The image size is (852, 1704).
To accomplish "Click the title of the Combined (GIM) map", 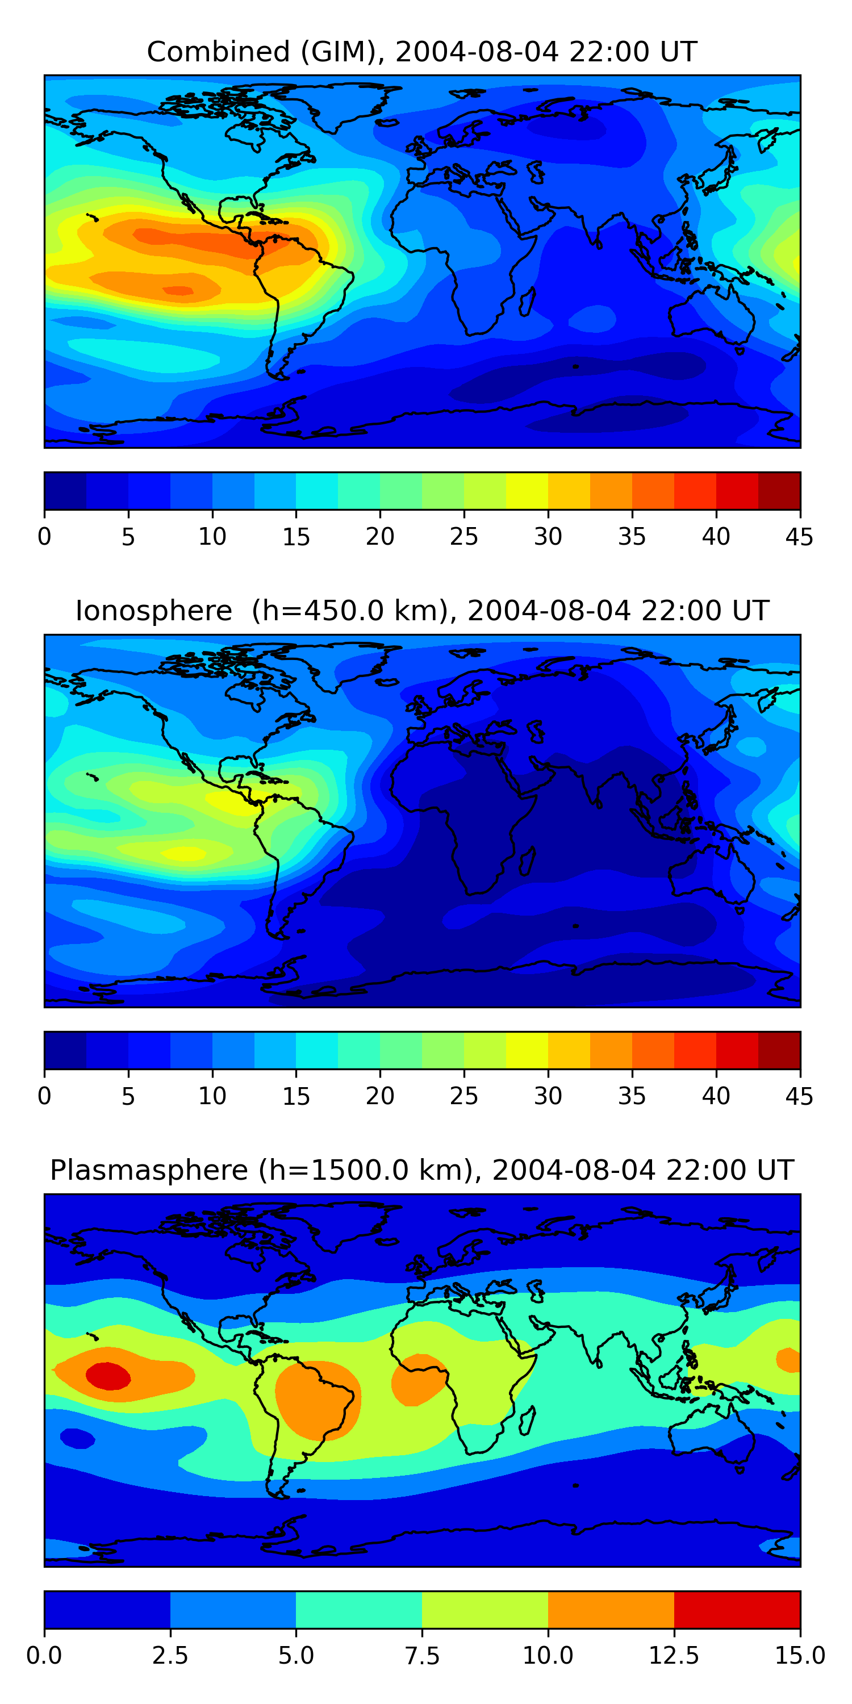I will pos(422,52).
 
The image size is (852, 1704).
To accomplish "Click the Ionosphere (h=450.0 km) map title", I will pos(422,611).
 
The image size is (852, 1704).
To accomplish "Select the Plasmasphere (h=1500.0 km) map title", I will pos(422,1170).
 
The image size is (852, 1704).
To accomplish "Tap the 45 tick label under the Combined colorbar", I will pos(799,536).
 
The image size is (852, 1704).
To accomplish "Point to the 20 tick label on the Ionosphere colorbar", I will pos(379,1096).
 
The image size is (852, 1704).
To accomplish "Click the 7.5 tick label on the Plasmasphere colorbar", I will pos(422,1655).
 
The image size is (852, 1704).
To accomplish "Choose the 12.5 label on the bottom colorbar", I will pos(674,1655).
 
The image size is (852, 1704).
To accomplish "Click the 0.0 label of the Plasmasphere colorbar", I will pos(44,1655).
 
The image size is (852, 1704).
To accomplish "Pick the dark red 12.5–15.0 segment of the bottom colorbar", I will pos(737,1609).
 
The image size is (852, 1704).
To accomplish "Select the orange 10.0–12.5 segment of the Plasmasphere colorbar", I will pos(611,1609).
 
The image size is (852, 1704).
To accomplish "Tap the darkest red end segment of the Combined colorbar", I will pos(779,491).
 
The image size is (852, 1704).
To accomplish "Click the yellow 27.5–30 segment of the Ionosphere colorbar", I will pos(527,1050).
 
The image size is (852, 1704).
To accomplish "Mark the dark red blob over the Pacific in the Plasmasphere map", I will pos(108,1376).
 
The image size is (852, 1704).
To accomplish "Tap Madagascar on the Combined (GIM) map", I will pos(527,302).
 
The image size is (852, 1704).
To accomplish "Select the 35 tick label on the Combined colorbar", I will pos(631,536).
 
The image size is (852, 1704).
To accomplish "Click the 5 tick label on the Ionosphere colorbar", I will pos(128,1096).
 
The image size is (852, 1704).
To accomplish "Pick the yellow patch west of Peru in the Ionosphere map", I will pos(184,853).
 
